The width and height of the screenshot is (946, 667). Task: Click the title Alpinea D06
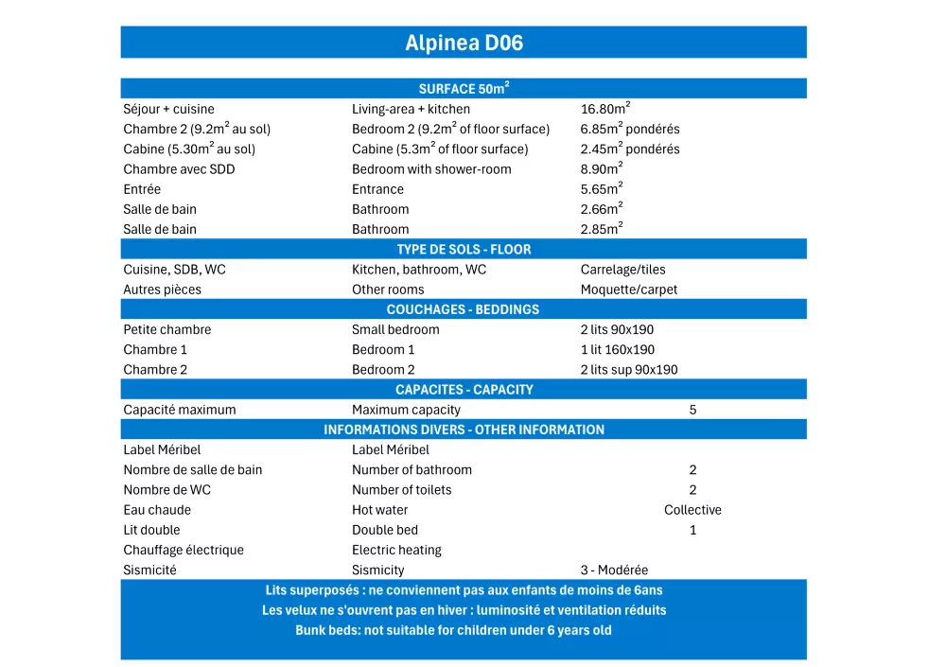[x=464, y=43]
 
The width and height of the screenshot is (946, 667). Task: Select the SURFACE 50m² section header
[x=464, y=89]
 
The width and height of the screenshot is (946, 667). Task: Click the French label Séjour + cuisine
[x=168, y=109]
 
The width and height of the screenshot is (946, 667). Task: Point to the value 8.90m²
[x=602, y=169]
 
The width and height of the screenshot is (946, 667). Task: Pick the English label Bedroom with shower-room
[x=431, y=169]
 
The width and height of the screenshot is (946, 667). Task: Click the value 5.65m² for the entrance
[x=602, y=189]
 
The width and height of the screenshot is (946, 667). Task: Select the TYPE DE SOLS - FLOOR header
[x=464, y=250]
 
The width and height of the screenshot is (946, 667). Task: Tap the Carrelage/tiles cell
[x=622, y=270]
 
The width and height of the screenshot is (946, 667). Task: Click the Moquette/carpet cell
[x=629, y=290]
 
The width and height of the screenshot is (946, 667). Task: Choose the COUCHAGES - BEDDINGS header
[x=464, y=309]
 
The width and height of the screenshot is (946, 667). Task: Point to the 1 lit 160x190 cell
[x=618, y=350]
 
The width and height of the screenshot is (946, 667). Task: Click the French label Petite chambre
[x=167, y=330]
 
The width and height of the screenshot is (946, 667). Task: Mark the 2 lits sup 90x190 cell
[x=629, y=370]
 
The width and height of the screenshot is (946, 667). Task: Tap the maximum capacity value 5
[x=692, y=410]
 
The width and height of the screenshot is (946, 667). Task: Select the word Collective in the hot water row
[x=692, y=510]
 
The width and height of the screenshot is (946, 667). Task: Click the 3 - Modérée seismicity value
[x=614, y=570]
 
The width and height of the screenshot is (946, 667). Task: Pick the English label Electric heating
[x=396, y=551]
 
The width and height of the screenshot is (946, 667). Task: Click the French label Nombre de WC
[x=167, y=490]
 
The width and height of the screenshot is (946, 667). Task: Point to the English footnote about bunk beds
[x=453, y=630]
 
